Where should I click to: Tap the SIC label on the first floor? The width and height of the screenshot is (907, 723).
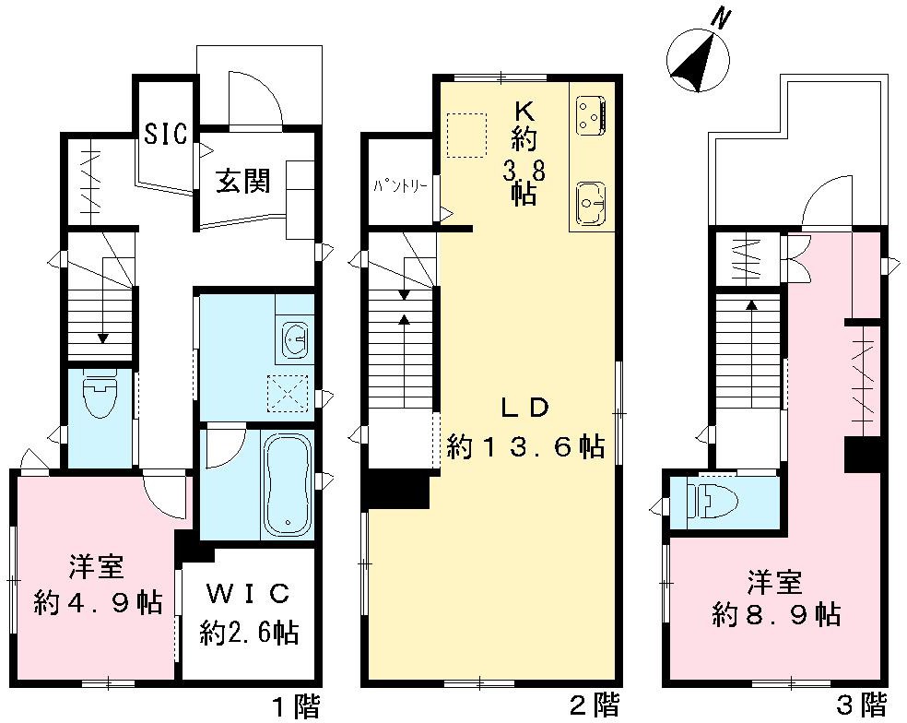[166, 134]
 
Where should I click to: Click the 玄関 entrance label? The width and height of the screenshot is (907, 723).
[243, 181]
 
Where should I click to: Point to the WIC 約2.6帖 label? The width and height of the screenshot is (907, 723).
[248, 611]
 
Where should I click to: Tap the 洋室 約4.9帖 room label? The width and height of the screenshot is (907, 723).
[98, 585]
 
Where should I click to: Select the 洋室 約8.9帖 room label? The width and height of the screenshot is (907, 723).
[774, 599]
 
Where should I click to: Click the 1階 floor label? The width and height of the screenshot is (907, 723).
[296, 707]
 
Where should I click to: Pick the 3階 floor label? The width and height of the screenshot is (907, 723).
[862, 707]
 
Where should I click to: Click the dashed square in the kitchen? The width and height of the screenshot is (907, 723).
[465, 130]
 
